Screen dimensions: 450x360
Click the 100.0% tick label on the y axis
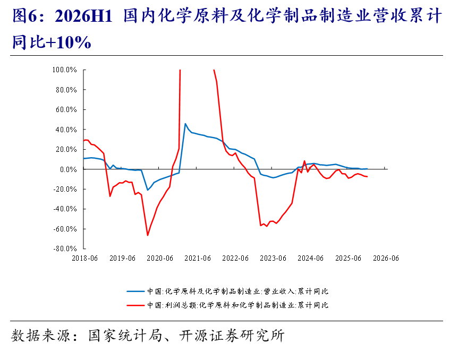coord(64,70)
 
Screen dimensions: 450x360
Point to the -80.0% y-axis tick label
coord(65,248)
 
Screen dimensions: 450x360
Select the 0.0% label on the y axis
coord(69,169)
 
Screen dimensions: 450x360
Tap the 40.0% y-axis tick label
coord(66,130)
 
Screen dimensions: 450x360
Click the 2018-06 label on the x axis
coord(84,258)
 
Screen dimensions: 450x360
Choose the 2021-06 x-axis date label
coord(198,258)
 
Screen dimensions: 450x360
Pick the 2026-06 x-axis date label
coord(386,258)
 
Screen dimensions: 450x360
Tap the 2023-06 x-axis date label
coord(273,258)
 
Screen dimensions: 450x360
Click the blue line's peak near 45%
coord(185,124)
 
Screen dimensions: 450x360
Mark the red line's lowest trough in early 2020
coord(148,235)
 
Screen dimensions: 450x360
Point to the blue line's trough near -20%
coord(148,190)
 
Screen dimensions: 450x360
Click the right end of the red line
coord(367,176)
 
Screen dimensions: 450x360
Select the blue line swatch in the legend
coord(135,292)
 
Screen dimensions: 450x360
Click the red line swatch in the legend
coord(135,305)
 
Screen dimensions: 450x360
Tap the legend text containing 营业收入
coord(237,292)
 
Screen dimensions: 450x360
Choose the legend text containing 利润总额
coord(237,305)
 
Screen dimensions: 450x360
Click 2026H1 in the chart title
coord(83,16)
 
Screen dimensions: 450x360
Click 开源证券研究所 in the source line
coord(232,336)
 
